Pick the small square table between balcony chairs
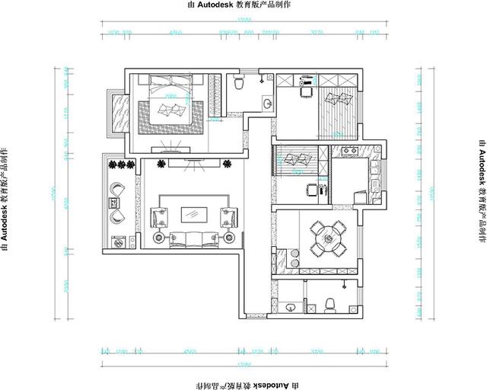tap(115, 203)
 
